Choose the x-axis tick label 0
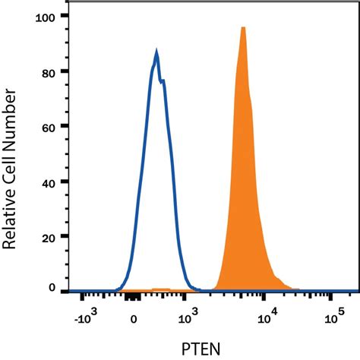[x=134, y=320]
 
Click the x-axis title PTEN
[x=205, y=349]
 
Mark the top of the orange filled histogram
[x=243, y=27]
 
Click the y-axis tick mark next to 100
[x=66, y=16]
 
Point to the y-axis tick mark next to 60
[x=66, y=126]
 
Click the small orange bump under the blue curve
[x=161, y=289]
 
